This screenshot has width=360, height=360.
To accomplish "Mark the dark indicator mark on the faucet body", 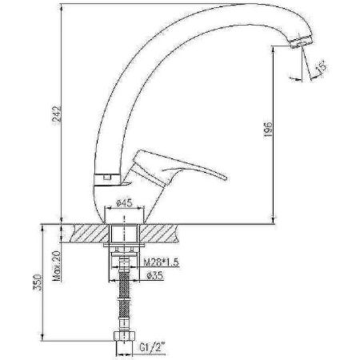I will pyautogui.click(x=102, y=177).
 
